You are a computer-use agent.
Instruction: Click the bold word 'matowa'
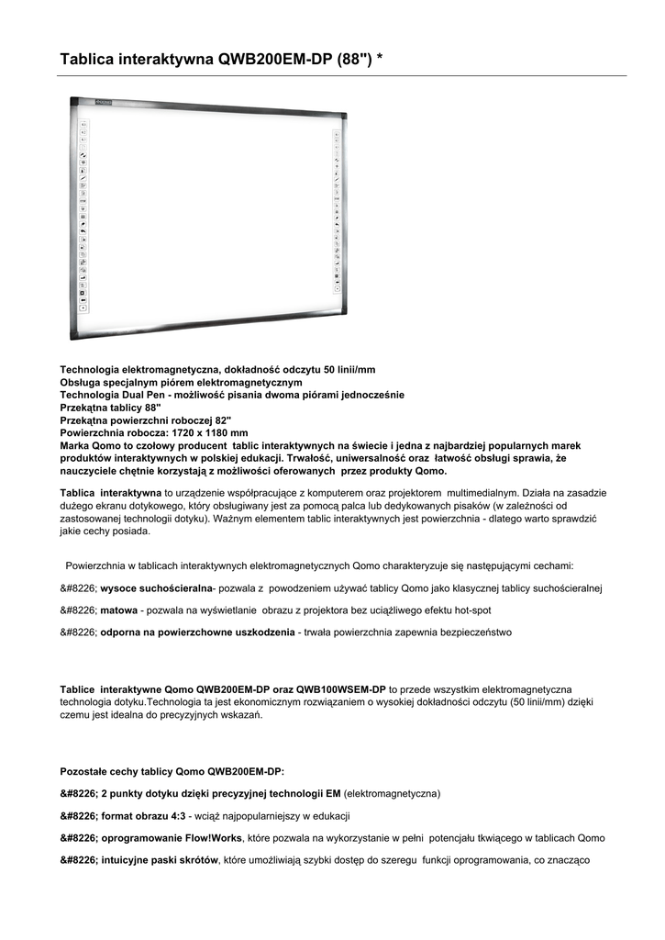coord(119,610)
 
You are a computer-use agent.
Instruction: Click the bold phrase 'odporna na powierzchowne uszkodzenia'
coord(197,632)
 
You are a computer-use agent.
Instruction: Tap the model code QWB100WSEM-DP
coord(340,688)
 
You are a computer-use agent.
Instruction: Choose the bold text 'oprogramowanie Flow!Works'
coord(172,838)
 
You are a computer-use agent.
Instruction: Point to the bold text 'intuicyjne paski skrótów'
coord(161,860)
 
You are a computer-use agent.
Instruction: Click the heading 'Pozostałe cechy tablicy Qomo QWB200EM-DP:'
coord(178,771)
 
